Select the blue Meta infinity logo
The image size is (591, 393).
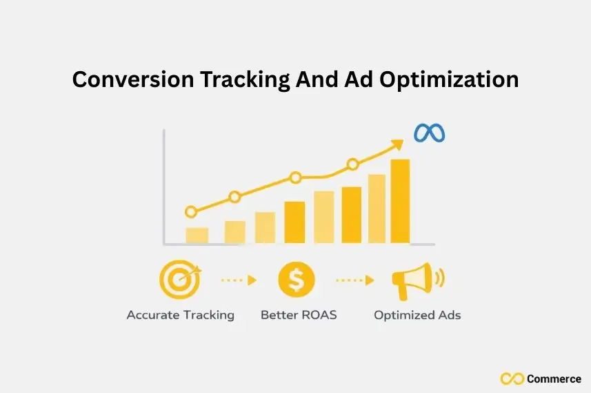[x=429, y=133]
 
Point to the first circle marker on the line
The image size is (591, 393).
[x=191, y=212]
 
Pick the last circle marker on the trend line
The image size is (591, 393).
[x=352, y=164]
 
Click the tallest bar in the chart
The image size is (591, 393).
[x=400, y=201]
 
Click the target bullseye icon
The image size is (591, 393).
[x=179, y=279]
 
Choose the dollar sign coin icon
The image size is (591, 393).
[x=296, y=280]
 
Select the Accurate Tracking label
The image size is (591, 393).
[x=180, y=315]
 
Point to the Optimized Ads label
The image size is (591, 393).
[x=417, y=315]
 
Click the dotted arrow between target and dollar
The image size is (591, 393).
[x=238, y=280]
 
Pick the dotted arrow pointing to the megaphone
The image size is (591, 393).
[x=354, y=280]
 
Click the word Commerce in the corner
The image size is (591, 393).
[x=553, y=378]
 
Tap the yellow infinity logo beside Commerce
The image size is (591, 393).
[x=512, y=378]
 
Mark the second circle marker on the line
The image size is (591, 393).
[x=234, y=197]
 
